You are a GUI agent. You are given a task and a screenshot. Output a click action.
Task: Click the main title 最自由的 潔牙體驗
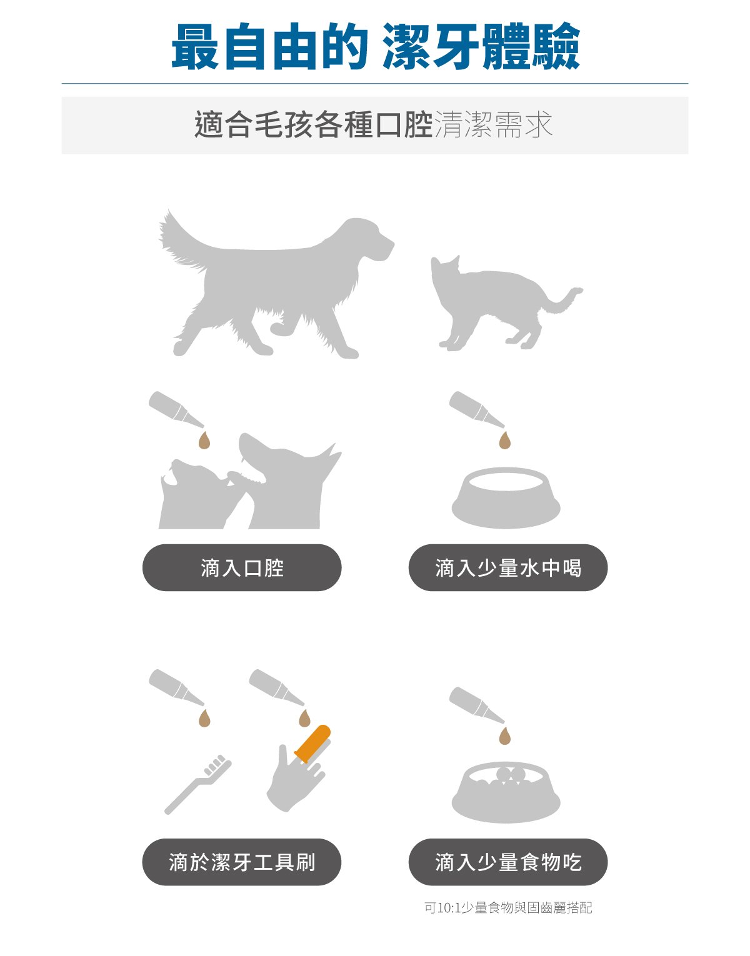375,47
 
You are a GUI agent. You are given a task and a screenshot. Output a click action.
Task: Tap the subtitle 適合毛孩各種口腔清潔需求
374,125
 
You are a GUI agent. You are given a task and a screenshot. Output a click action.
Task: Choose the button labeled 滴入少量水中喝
507,567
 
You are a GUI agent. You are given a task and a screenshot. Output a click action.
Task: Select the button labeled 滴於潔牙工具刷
242,862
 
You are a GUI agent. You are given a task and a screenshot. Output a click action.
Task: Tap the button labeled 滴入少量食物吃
507,862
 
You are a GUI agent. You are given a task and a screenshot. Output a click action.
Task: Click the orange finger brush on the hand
312,744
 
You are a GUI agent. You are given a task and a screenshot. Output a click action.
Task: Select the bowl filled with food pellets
506,792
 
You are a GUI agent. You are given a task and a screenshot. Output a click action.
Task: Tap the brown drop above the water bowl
505,441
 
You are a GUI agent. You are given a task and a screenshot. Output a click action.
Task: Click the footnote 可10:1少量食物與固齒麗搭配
507,908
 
